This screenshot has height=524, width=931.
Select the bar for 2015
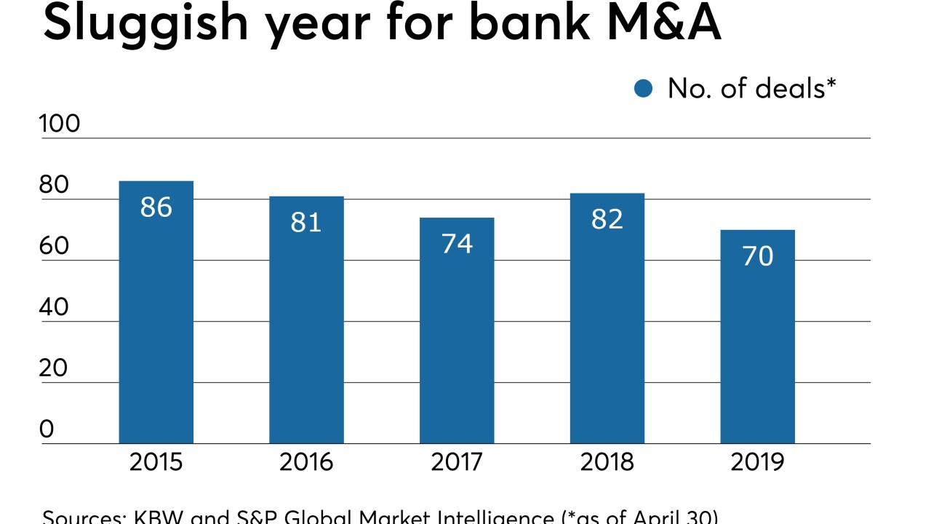point(156,313)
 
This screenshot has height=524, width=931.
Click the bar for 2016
point(306,320)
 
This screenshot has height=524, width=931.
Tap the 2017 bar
point(457,331)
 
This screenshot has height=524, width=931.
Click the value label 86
point(156,207)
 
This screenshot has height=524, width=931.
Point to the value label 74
point(457,244)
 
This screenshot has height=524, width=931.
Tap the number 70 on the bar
point(757,256)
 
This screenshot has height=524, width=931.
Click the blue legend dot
point(644,89)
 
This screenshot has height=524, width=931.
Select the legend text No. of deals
point(751,88)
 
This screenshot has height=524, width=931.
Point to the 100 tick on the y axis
point(60,124)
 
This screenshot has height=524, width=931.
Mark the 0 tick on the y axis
point(47,429)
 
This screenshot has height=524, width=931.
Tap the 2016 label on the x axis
point(306,462)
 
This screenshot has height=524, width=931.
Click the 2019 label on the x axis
point(757,462)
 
